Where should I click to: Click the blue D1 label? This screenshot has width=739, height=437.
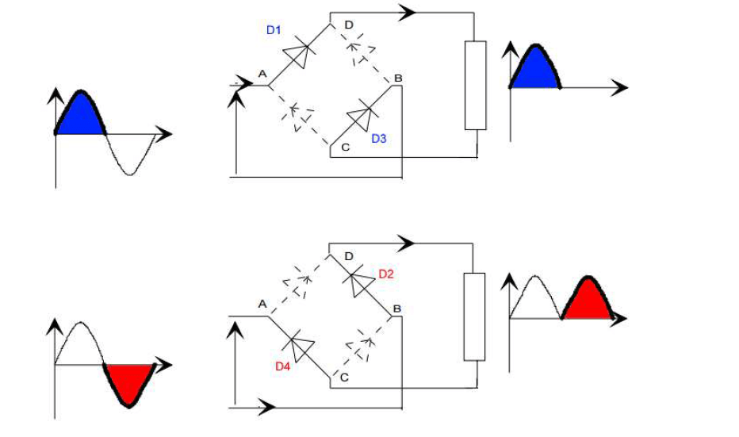tap(273, 30)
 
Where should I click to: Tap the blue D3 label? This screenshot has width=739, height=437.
tap(378, 138)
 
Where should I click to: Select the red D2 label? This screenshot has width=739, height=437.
tap(386, 274)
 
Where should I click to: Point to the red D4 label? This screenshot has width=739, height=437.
tap(282, 366)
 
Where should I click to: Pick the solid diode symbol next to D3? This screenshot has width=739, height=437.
tap(362, 117)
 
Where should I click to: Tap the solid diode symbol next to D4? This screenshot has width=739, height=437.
tap(301, 347)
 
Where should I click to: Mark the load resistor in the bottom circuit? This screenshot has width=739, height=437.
tap(473, 316)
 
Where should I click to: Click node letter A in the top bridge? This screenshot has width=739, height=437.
tap(262, 74)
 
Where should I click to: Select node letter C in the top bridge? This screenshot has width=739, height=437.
tap(344, 148)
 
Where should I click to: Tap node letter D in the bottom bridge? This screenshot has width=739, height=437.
tap(349, 256)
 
